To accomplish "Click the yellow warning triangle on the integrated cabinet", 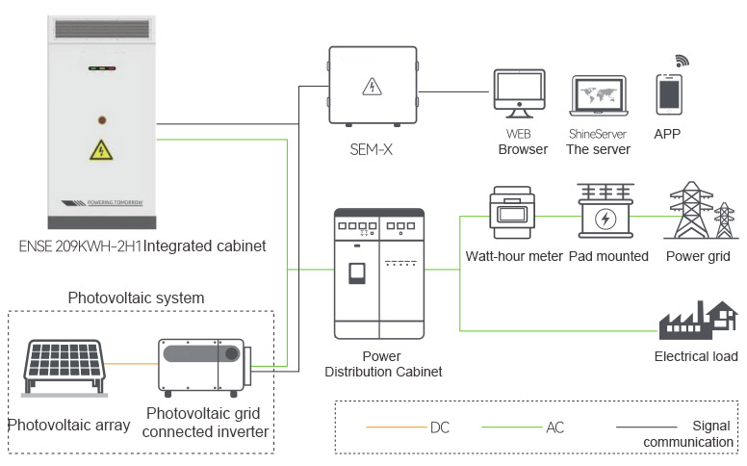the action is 101,150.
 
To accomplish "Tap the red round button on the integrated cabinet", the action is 102,120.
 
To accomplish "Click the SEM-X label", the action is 372,149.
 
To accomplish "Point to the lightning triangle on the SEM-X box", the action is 372,87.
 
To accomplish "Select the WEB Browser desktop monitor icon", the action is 519,93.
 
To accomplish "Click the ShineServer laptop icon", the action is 599,95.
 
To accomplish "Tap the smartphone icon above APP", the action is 669,94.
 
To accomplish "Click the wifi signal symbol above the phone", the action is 682,61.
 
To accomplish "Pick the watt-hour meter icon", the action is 512,213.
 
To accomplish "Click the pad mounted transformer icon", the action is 605,211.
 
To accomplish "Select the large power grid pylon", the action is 691,210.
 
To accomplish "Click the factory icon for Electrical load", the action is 698,320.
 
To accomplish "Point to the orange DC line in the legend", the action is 397,427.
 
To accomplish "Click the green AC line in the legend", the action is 512,427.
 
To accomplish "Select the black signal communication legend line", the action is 647,427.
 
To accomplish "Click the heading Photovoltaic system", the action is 137,298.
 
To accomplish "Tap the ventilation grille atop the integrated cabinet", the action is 102,29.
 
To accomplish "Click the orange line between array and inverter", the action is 132,364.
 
